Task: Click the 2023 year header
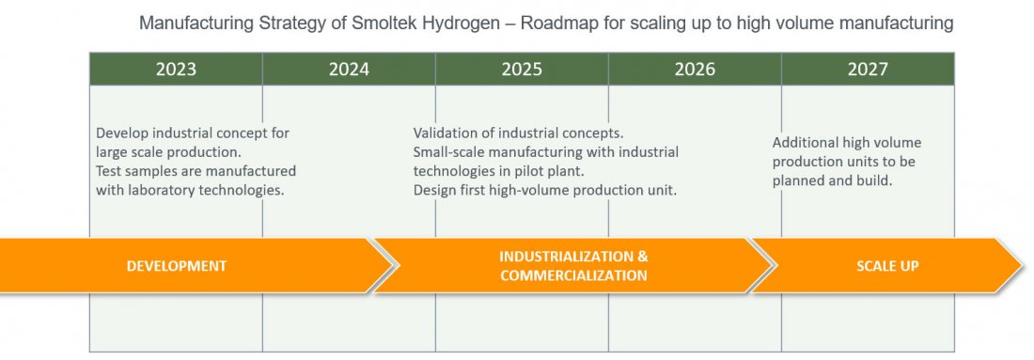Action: [176, 70]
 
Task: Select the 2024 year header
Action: [349, 70]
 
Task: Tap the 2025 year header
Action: [522, 70]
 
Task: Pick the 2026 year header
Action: [695, 70]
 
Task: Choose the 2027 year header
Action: [868, 70]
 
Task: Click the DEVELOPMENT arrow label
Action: [177, 266]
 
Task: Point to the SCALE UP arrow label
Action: [887, 266]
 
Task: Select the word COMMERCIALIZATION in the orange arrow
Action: [573, 275]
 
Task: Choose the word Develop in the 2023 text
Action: [118, 133]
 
